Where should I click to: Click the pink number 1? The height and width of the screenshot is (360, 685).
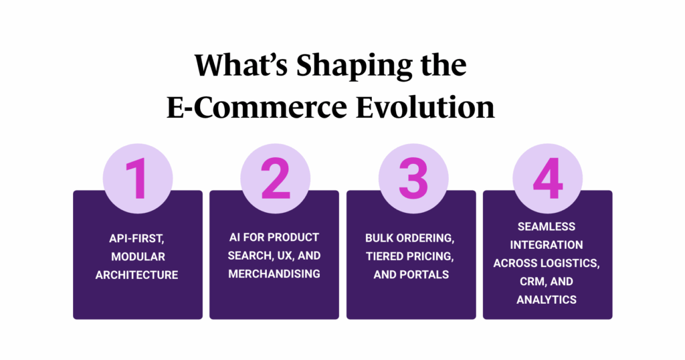click(137, 179)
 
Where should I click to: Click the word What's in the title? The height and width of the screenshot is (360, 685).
click(241, 66)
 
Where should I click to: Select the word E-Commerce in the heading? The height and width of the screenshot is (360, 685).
click(256, 108)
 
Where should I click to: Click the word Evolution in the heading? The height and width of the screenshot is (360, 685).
click(425, 108)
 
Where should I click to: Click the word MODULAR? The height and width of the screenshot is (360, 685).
click(138, 256)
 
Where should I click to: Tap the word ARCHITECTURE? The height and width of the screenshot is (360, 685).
click(136, 275)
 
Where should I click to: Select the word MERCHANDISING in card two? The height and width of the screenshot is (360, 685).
click(274, 274)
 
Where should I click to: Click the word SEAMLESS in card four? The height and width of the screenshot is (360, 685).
click(547, 227)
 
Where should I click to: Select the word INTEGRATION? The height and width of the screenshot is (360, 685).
click(547, 245)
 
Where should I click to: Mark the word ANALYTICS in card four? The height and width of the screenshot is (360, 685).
click(547, 300)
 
